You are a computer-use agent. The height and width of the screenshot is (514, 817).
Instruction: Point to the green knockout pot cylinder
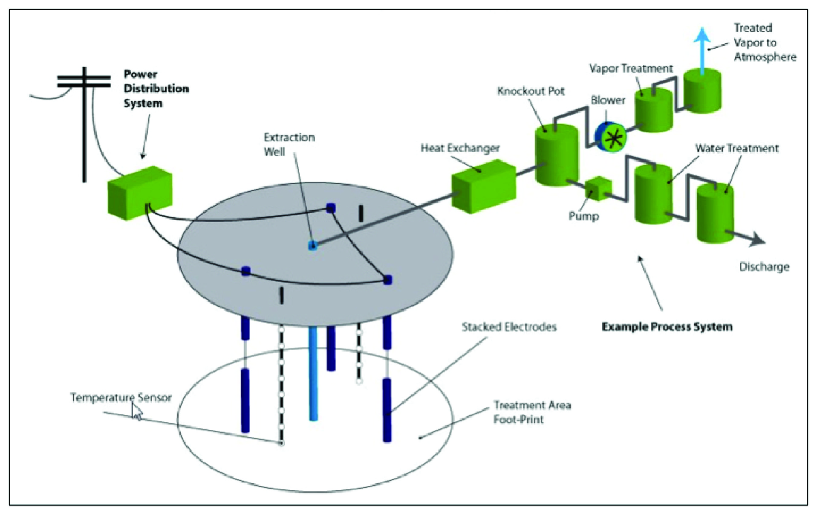(557, 156)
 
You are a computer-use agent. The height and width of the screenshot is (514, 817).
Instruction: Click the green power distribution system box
(139, 193)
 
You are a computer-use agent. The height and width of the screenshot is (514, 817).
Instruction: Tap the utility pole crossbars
(84, 81)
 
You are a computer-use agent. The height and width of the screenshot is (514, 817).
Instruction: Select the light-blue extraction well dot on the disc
(313, 246)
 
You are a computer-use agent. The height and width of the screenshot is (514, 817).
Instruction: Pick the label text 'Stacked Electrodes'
(509, 327)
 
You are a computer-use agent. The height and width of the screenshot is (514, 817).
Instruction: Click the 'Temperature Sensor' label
(121, 398)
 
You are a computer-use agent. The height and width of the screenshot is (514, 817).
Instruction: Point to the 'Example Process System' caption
(667, 327)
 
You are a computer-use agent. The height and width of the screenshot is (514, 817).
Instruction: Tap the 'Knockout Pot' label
(531, 91)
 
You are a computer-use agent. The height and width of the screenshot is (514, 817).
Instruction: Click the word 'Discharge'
(764, 267)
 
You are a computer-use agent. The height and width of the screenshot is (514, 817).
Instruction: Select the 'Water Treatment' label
(737, 148)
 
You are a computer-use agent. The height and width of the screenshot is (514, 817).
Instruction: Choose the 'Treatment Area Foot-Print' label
(531, 412)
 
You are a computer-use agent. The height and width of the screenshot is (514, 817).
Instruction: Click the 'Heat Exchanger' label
(460, 148)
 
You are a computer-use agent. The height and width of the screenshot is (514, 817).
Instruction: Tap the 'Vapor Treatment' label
(631, 69)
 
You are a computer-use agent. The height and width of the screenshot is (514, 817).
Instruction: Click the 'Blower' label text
(608, 100)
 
